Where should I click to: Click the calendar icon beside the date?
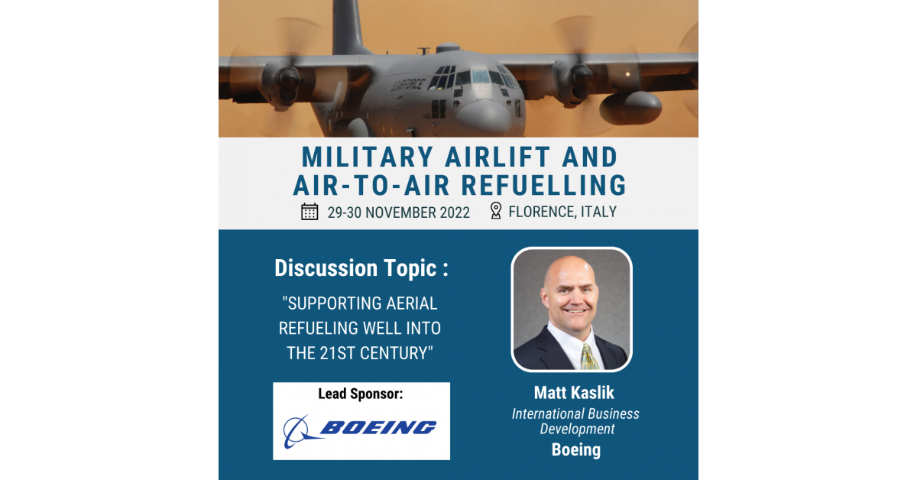[309, 212]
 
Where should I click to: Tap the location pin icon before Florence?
[496, 210]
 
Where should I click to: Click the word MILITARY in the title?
[368, 157]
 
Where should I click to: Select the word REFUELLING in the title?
[543, 185]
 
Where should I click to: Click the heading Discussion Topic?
[361, 268]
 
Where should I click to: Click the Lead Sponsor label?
[361, 394]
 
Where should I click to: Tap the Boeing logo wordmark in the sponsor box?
[377, 427]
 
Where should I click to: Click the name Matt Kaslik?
[574, 393]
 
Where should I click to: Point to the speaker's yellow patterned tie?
[589, 357]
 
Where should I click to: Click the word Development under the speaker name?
[577, 429]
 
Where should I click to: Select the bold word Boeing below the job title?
[576, 449]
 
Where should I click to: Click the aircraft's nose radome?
[484, 116]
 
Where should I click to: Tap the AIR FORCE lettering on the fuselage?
[408, 85]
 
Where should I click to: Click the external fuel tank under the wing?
[630, 108]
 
